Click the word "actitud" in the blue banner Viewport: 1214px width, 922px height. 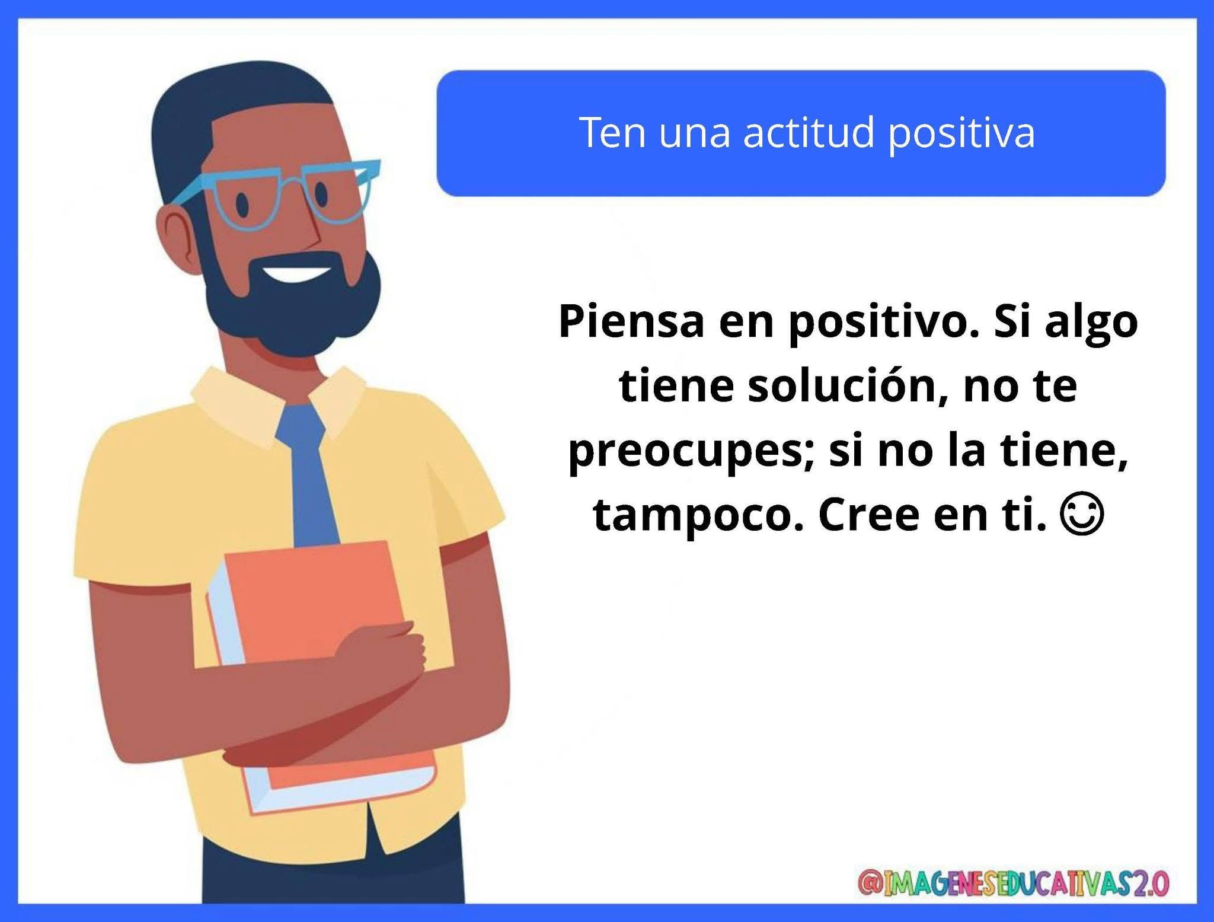[x=809, y=133]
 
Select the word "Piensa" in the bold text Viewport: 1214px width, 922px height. [x=631, y=322]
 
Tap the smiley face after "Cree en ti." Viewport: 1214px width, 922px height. [x=1083, y=516]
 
